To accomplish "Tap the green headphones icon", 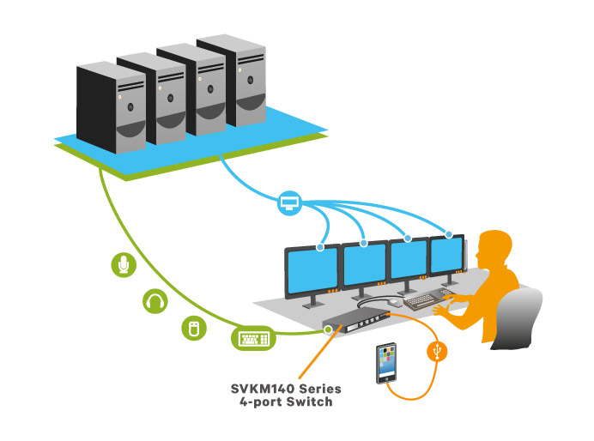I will pyautogui.click(x=155, y=301).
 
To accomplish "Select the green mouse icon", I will pyautogui.click(x=194, y=328).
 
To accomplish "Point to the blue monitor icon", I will pyautogui.click(x=288, y=203).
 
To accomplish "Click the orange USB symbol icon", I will pyautogui.click(x=439, y=352).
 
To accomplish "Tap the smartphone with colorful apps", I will pyautogui.click(x=388, y=363).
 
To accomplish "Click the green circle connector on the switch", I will pyautogui.click(x=328, y=327).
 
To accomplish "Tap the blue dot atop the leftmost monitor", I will pyautogui.click(x=320, y=248).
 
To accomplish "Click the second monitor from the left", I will pyautogui.click(x=365, y=266).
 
